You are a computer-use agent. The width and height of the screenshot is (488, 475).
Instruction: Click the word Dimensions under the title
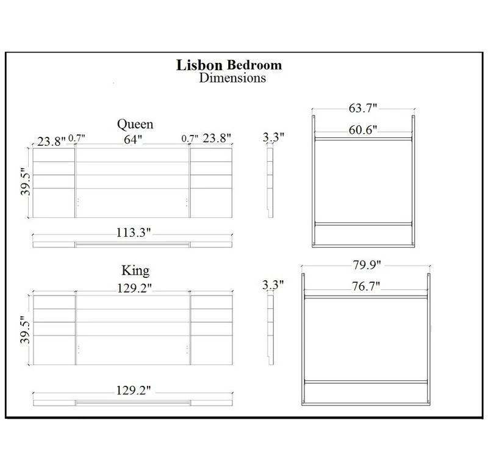click(x=232, y=78)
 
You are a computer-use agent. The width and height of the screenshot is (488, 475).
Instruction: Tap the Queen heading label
click(x=135, y=125)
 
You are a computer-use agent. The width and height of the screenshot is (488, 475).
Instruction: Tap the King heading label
click(x=136, y=269)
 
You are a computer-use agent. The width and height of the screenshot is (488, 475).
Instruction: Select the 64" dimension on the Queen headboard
click(x=132, y=139)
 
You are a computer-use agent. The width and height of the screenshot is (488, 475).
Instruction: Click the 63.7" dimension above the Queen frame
click(x=363, y=109)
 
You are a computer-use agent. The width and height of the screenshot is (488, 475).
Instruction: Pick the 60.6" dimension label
click(x=363, y=129)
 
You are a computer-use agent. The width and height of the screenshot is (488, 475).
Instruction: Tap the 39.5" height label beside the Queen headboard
click(x=23, y=183)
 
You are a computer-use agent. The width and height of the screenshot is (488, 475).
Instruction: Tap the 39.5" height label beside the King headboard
click(x=23, y=330)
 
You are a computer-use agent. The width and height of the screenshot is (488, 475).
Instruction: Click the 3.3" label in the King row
click(x=273, y=285)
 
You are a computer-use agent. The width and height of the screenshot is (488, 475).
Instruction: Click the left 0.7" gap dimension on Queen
click(x=76, y=139)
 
